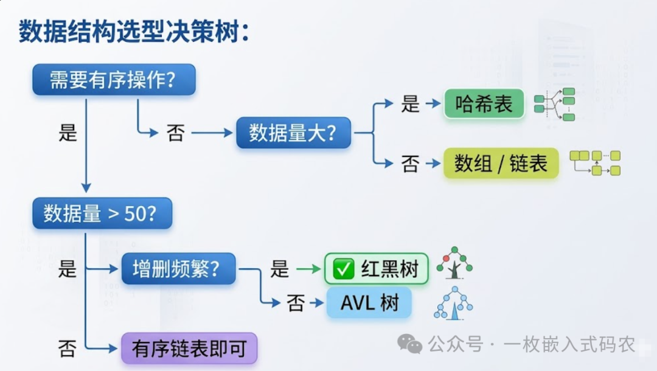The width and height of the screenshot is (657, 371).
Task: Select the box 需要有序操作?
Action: tap(114, 80)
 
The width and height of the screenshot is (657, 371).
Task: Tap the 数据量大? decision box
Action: tap(293, 133)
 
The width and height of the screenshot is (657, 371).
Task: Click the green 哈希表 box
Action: tap(484, 104)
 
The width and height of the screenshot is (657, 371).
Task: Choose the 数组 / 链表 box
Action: tap(501, 163)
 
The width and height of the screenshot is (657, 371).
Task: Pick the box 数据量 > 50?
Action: tap(102, 213)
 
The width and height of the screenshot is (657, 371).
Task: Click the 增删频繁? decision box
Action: tap(178, 268)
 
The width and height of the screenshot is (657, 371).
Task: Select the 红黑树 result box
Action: tap(377, 269)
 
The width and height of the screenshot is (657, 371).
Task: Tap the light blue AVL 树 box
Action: tap(369, 303)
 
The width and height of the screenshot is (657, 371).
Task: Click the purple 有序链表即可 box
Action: tap(189, 349)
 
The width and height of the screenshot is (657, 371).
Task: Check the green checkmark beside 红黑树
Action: tap(344, 269)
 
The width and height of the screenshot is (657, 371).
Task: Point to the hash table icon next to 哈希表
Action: tap(554, 104)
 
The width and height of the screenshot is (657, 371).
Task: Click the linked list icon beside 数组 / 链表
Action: tap(594, 162)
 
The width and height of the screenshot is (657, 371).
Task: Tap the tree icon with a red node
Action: tap(454, 263)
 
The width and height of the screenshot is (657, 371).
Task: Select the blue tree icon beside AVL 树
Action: tap(453, 303)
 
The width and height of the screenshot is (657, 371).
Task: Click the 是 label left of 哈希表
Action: tap(411, 104)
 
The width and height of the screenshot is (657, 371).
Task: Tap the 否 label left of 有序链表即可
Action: tap(67, 348)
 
